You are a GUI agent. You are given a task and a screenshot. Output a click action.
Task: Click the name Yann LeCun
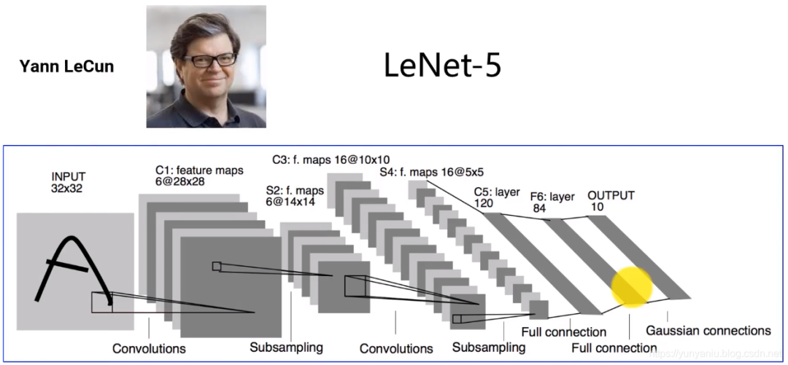point(66,67)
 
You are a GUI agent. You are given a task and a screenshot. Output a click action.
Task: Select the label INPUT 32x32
point(68,182)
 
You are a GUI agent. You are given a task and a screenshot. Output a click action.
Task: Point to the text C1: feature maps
point(198,170)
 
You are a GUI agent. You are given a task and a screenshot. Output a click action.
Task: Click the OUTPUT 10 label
point(611,201)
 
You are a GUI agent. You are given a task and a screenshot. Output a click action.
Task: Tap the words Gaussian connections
point(708,331)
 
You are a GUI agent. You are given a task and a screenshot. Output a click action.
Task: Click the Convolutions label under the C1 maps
point(149,348)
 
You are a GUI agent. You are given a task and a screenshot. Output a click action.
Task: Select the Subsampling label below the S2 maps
point(286,346)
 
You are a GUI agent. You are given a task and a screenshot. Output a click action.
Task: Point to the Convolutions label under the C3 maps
point(396,348)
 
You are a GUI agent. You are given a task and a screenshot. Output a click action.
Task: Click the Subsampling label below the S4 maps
point(488,347)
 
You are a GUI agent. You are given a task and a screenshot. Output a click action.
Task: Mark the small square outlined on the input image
point(101,302)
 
